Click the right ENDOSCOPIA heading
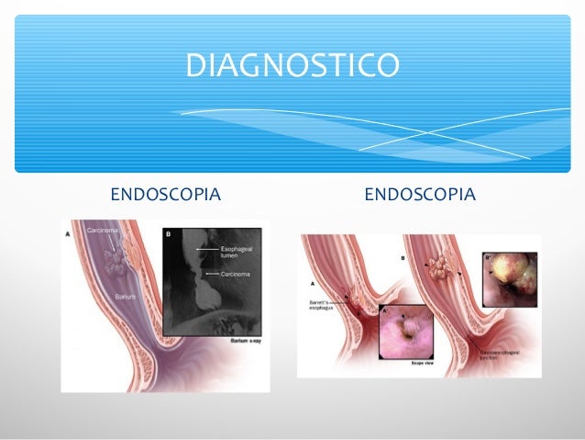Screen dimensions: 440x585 click(x=419, y=195)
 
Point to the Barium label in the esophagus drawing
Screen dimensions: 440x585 click(x=126, y=297)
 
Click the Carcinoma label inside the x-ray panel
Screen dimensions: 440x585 click(x=237, y=273)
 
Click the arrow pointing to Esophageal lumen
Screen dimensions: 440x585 click(x=208, y=250)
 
